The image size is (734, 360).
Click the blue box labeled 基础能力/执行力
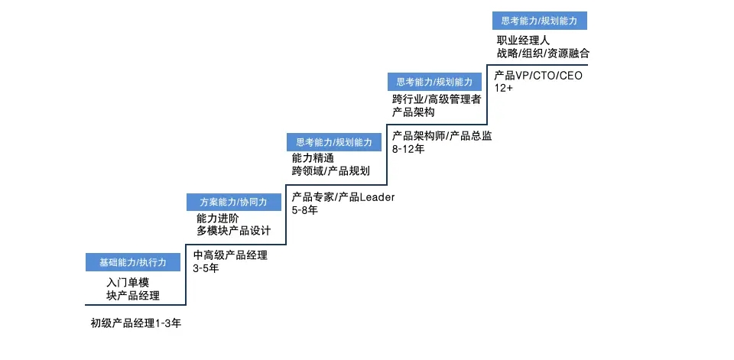coord(133,262)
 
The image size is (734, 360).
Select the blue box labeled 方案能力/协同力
coord(234,203)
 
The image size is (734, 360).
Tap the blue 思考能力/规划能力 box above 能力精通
coord(334,142)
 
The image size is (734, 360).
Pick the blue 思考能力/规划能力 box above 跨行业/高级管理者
coord(434,82)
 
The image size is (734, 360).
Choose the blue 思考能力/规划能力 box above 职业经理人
coord(539,21)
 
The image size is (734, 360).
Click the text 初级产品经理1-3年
coord(136,323)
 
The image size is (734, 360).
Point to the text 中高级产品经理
coord(230,255)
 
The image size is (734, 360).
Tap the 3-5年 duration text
coord(206,269)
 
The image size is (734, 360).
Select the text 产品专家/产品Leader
coord(343,197)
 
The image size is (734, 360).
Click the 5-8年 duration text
coord(305,210)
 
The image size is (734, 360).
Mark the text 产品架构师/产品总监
coord(441,136)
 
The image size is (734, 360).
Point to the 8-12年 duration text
coord(408,149)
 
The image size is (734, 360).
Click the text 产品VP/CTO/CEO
coord(538,76)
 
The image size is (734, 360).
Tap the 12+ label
coord(503,88)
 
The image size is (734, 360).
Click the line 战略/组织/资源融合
coord(543,54)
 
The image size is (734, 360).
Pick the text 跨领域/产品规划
coord(330,171)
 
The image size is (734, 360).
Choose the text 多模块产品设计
coord(234,232)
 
